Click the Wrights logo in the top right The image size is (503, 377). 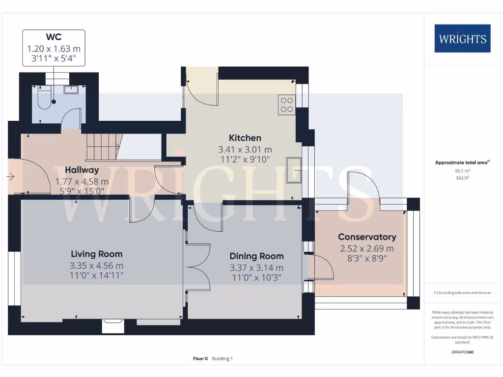(x=462, y=38)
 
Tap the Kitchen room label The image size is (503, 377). (x=245, y=138)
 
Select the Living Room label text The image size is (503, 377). (x=97, y=254)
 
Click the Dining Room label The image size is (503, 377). (x=256, y=256)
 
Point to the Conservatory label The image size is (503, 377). (x=366, y=237)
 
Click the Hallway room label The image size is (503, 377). (x=82, y=170)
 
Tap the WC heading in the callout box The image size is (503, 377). (x=54, y=37)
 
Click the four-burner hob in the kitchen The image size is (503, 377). (x=286, y=105)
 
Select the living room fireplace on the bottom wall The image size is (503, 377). (x=113, y=326)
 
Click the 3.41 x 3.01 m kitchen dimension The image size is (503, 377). (x=245, y=149)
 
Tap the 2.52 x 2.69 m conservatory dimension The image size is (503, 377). (x=366, y=248)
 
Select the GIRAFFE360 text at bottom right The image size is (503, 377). (x=462, y=352)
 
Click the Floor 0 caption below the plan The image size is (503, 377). (x=200, y=359)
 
